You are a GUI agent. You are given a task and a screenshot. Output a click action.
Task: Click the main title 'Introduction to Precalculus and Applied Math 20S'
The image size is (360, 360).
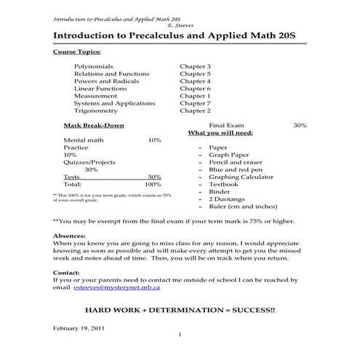[x=179, y=35]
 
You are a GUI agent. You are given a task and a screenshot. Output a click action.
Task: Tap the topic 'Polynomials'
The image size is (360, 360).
[x=93, y=66]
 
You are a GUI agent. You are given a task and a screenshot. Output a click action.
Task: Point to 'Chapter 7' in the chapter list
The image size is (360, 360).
[x=195, y=103]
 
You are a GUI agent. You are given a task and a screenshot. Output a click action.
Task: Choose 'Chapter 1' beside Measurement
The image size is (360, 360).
[x=195, y=96]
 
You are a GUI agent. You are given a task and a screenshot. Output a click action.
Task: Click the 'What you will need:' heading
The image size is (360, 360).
[x=220, y=134]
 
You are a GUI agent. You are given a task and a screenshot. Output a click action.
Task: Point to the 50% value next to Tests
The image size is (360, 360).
[x=154, y=177]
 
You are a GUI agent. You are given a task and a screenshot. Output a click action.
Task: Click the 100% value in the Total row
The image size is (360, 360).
[x=153, y=185]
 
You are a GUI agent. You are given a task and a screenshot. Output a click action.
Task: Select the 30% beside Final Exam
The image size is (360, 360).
[x=300, y=126]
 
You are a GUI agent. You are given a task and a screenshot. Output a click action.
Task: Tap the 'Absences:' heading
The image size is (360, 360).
[x=71, y=236]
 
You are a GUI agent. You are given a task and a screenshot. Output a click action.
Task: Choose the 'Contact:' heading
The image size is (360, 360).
[x=68, y=272]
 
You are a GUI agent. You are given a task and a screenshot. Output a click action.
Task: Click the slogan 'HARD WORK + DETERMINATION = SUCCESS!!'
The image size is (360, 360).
[x=180, y=310]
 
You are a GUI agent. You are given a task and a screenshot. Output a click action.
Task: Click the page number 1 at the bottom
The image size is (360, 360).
[x=179, y=335]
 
